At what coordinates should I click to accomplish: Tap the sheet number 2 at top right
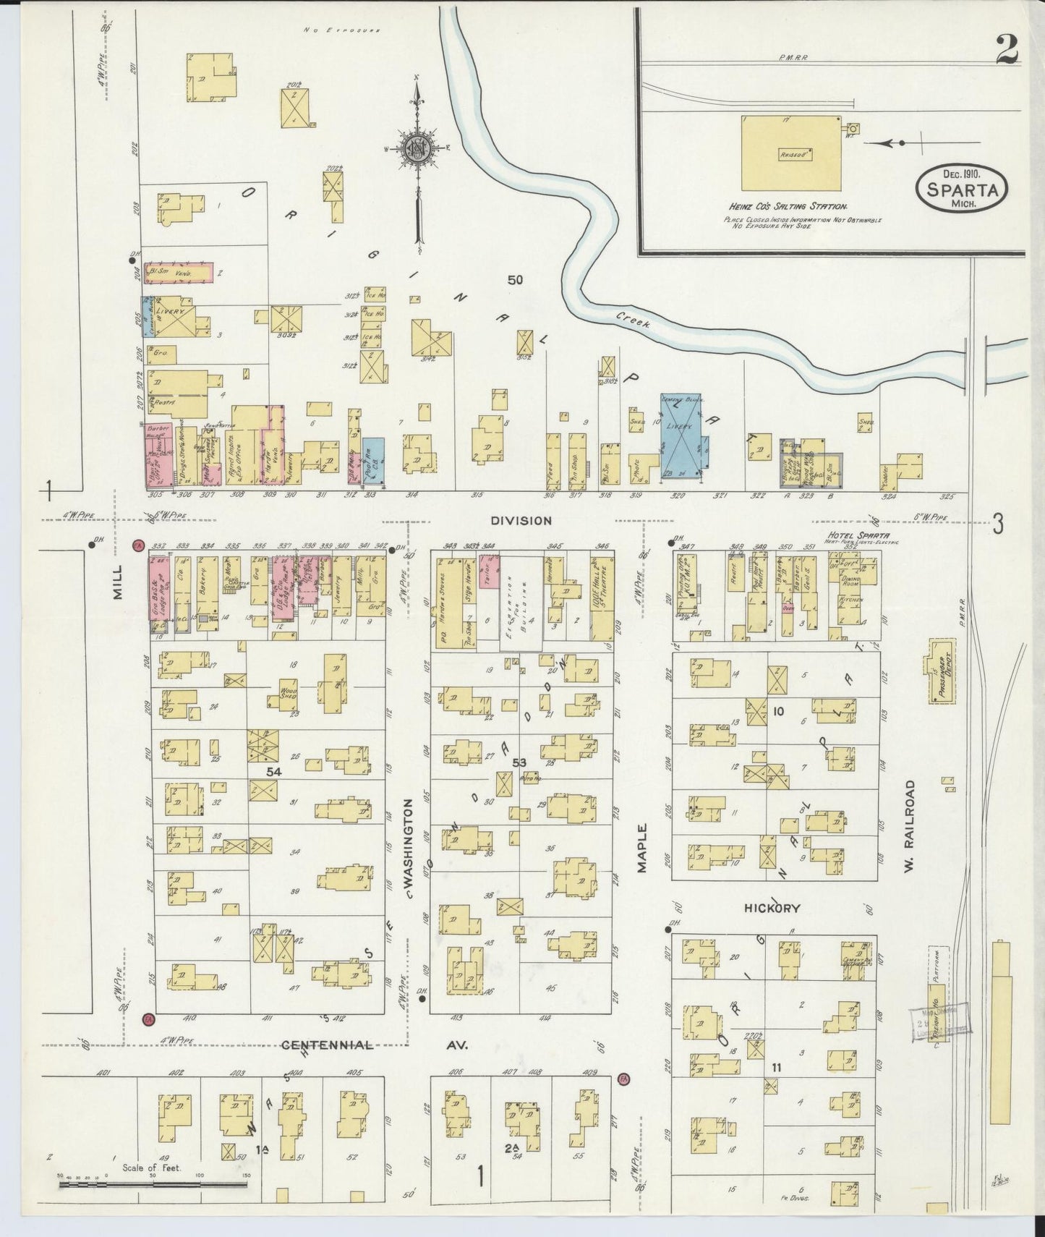click(x=1006, y=51)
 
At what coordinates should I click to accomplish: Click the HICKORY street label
click(x=772, y=908)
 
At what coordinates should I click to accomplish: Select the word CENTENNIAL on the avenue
click(x=327, y=1045)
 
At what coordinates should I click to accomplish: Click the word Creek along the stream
click(x=634, y=320)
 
